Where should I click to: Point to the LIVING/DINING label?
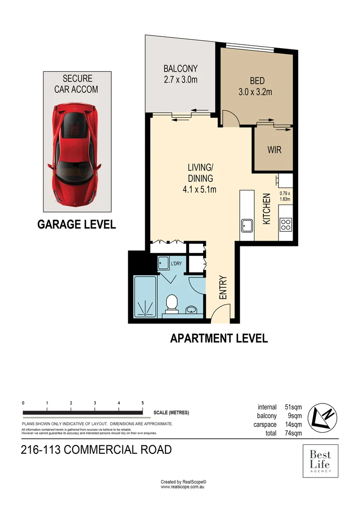click(x=200, y=178)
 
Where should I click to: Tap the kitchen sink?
click(x=247, y=225)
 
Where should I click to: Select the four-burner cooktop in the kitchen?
click(x=285, y=225)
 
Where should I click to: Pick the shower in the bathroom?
click(x=145, y=296)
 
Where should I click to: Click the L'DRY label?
click(x=176, y=263)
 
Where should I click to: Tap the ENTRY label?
click(x=223, y=287)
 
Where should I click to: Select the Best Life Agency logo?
click(x=320, y=461)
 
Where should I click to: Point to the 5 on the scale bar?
click(x=142, y=403)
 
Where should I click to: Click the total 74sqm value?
click(x=294, y=433)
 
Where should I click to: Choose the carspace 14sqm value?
click(x=293, y=424)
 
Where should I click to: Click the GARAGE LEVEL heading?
click(x=76, y=225)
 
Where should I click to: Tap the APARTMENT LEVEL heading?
click(x=219, y=338)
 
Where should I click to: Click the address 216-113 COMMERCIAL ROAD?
click(x=97, y=450)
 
